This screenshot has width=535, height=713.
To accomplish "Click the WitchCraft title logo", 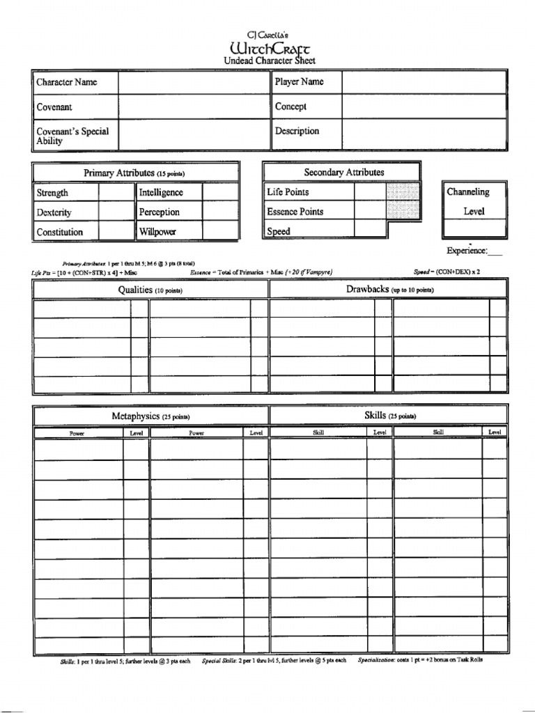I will click(x=270, y=47).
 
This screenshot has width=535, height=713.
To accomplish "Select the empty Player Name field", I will click(x=424, y=82).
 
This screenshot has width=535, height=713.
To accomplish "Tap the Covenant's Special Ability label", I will click(x=72, y=136).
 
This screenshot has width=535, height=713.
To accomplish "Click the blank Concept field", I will click(x=424, y=107).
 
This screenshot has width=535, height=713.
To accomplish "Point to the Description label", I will click(x=297, y=131).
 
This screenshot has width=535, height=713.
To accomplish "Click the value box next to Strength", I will click(x=116, y=193).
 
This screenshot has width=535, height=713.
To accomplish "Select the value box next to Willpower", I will click(x=220, y=232).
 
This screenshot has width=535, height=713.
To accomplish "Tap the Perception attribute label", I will click(x=159, y=212).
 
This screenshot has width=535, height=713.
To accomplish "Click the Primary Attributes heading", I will click(x=134, y=173).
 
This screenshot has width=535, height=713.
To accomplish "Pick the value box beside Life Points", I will click(x=369, y=191).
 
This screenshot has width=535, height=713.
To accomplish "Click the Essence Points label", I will click(x=295, y=212).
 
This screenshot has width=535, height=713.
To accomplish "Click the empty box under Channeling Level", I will click(x=474, y=228).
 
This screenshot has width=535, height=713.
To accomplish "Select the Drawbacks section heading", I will click(x=389, y=289).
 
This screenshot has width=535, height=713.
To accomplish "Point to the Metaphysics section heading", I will click(x=150, y=416).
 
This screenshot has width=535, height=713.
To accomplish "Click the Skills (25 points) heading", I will click(x=389, y=416).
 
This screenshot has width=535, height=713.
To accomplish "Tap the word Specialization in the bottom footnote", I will click(x=376, y=660).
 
